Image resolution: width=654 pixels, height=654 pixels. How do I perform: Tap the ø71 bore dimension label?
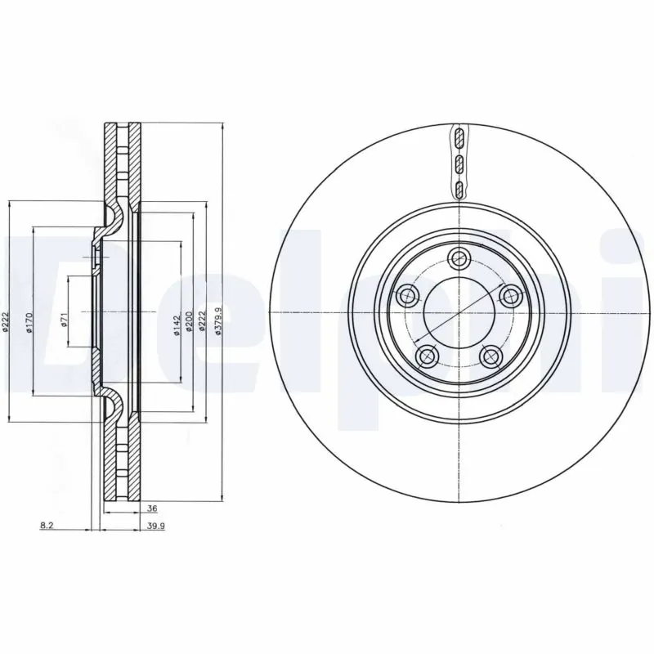coord(64,320)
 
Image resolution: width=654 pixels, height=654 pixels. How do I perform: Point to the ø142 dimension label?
coord(176,325)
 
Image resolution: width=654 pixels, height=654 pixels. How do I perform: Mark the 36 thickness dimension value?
coord(151,508)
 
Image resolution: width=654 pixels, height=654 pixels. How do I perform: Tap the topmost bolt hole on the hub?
coord(459,258)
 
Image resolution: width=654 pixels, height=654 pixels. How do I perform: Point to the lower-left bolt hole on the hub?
coord(425,356)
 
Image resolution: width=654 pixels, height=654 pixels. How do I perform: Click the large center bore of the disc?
coord(459,313)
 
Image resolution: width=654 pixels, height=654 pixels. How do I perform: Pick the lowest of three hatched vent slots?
coord(459,190)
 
